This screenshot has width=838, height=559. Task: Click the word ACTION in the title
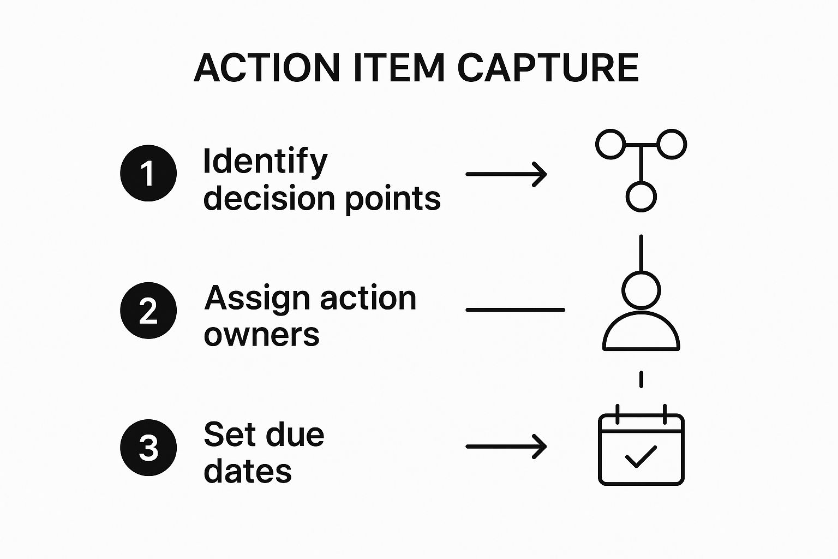267,68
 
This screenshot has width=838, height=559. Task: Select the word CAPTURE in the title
547,68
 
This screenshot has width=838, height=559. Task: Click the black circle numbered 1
148,174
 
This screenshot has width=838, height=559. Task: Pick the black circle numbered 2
148,311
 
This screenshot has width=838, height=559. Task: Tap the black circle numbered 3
148,448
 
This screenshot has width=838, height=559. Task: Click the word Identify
265,162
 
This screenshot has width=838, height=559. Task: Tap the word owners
261,335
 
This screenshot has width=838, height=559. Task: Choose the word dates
248,471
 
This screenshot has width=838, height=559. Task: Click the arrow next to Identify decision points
506,174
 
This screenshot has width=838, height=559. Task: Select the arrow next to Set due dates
506,447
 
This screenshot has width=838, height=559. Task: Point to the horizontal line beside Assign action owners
515,310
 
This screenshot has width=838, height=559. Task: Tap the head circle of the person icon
641,290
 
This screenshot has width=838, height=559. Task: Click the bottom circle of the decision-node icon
641,197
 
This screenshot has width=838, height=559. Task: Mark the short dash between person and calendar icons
641,379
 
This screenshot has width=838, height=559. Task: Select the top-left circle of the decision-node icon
610,144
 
